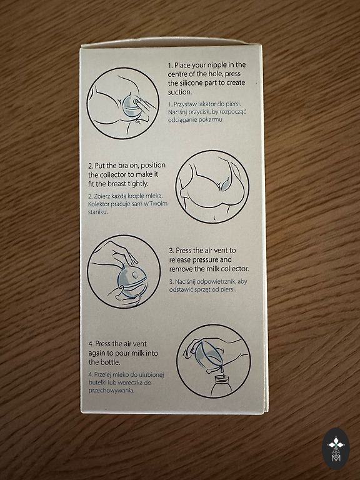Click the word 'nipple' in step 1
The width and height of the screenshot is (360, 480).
click(x=217, y=65)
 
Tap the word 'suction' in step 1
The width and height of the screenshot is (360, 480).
click(x=179, y=92)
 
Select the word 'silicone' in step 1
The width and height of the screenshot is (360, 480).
click(x=191, y=82)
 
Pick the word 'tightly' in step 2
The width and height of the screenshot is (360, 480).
click(x=137, y=184)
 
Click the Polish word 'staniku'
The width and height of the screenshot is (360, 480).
click(x=97, y=212)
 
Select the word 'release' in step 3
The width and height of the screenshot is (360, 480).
click(x=180, y=260)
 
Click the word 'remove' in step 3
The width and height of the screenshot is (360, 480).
click(x=181, y=269)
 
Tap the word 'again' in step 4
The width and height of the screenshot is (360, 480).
click(x=96, y=354)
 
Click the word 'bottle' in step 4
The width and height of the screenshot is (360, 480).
click(x=110, y=362)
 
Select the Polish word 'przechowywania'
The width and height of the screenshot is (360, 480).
click(x=111, y=391)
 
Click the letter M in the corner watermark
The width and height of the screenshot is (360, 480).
click(x=336, y=458)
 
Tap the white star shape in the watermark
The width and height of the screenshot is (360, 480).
click(x=336, y=442)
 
